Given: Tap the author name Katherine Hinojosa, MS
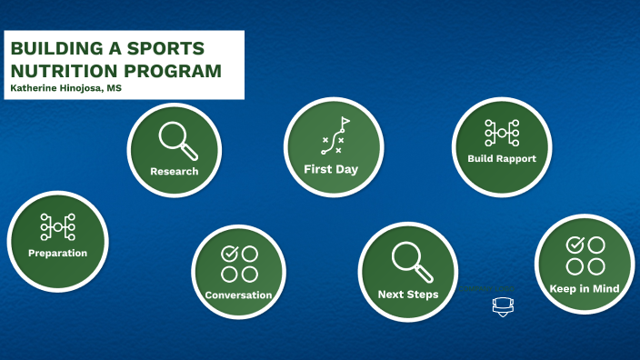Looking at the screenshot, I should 65,88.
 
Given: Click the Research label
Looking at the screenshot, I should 174,171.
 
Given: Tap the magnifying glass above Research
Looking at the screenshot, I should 175,139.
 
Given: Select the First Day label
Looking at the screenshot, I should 331,169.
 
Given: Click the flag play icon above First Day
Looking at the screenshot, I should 335,135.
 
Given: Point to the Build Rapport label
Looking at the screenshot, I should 501,158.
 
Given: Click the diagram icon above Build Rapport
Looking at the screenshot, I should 501,133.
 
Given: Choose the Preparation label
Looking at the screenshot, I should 57,253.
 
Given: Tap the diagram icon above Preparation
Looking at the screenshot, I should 57,226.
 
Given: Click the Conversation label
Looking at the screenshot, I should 238,295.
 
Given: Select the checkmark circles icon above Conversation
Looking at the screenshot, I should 239,263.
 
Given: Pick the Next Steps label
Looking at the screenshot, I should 408,295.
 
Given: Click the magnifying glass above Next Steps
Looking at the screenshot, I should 409,261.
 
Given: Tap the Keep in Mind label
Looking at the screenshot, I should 584,289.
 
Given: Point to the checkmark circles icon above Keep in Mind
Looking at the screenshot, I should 585,255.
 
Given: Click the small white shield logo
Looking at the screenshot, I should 501,306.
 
